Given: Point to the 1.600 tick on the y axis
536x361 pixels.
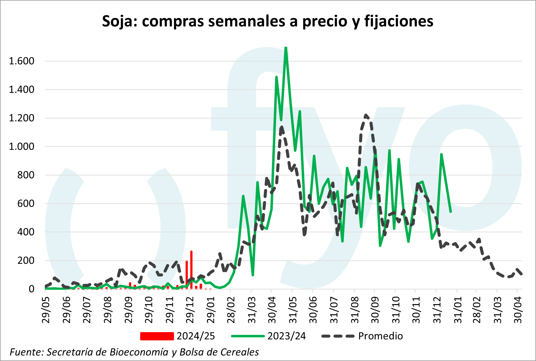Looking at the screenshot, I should coord(22,61).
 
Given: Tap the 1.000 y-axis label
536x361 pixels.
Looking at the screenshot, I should coord(22,147).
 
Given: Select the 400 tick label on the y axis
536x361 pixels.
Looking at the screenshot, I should coord(26,232).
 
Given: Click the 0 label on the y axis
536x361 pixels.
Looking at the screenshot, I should coord(31,289).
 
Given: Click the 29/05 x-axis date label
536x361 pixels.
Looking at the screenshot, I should coord(46,310).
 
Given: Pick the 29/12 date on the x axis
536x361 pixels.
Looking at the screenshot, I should coord(190,310).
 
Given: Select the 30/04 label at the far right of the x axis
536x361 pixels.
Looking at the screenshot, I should coord(518,310).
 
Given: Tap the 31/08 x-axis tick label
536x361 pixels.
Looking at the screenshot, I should coord(355,310).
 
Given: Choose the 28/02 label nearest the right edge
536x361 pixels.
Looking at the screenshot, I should coord(477,310).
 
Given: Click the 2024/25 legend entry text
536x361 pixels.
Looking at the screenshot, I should coord(196,336).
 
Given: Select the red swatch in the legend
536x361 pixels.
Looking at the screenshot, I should coord(157,336).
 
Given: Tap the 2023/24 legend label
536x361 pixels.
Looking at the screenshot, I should coord(287,336).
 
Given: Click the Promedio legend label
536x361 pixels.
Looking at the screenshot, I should coord(380,336).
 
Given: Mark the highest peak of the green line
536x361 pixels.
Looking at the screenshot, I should coord(286,48).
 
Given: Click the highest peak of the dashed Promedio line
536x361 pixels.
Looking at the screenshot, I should coord(366,115).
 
